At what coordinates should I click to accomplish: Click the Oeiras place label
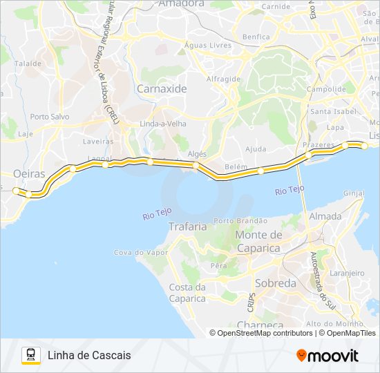coord(28,173)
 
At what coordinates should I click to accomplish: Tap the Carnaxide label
coord(162,88)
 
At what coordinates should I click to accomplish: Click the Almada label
coord(325,216)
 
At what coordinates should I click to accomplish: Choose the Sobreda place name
coord(276,283)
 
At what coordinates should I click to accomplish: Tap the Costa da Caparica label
coord(187,293)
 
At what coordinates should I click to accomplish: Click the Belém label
coord(236,168)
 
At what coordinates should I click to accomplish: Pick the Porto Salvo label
coord(50,117)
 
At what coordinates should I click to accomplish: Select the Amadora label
coord(181,3)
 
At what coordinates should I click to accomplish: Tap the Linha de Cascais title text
coord(89,355)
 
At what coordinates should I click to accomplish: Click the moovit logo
coord(327,356)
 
